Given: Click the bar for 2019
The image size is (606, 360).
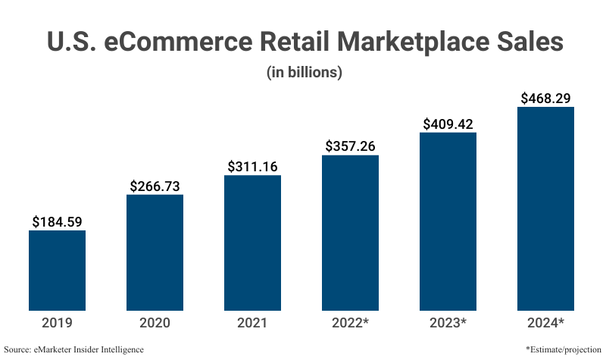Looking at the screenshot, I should pyautogui.click(x=57, y=270).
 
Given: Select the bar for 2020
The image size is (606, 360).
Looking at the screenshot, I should pyautogui.click(x=155, y=252).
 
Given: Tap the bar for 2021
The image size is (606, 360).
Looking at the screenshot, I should pyautogui.click(x=252, y=243).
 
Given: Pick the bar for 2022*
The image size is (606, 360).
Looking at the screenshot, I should pyautogui.click(x=350, y=233).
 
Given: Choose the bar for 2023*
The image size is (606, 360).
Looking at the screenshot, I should pyautogui.click(x=448, y=221).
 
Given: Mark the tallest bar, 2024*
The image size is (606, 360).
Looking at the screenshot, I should pyautogui.click(x=545, y=208).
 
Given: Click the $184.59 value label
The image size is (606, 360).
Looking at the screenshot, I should pyautogui.click(x=57, y=222).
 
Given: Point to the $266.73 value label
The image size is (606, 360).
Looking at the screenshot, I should pyautogui.click(x=155, y=186).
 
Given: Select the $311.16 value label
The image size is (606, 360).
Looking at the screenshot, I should pyautogui.click(x=252, y=167).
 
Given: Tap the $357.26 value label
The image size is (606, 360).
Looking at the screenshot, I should pyautogui.click(x=350, y=146).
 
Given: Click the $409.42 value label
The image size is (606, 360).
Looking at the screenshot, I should pyautogui.click(x=448, y=124).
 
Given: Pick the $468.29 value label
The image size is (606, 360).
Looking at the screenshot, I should pyautogui.click(x=545, y=98).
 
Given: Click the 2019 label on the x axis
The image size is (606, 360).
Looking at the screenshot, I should pyautogui.click(x=57, y=323).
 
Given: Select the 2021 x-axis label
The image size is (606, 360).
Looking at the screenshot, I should pyautogui.click(x=252, y=323).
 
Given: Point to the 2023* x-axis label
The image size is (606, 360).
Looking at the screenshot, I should pyautogui.click(x=448, y=323).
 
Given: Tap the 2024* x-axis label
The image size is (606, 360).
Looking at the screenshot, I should pyautogui.click(x=545, y=323).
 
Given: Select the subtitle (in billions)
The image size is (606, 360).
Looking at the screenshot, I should pyautogui.click(x=303, y=73).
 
